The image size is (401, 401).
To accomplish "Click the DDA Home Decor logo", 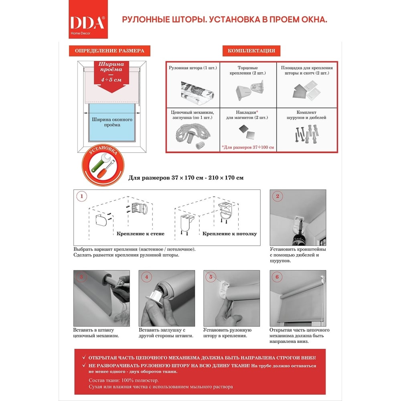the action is click(88, 19).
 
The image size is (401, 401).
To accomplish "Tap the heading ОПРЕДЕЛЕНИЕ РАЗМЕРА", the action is click(109, 51).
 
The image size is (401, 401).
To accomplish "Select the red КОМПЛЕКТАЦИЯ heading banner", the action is click(251, 51).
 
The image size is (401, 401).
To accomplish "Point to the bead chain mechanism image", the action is click(193, 135).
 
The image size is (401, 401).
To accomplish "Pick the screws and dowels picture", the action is click(307, 133).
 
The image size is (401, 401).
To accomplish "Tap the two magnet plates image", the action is click(247, 132).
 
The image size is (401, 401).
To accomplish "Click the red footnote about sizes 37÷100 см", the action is click(248, 147).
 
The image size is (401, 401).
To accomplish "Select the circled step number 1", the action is click(81, 196).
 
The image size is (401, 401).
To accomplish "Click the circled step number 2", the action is click(277, 196).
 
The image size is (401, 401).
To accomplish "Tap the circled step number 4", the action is click(146, 277).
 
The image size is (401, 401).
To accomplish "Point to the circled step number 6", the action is click(277, 277).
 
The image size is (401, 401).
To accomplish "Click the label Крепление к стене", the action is click(140, 233).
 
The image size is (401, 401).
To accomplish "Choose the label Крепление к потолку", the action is click(230, 233).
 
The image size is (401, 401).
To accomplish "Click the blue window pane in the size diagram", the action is click(112, 122).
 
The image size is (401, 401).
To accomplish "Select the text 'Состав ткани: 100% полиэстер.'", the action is click(124, 380).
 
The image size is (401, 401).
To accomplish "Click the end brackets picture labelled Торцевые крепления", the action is click(250, 90).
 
